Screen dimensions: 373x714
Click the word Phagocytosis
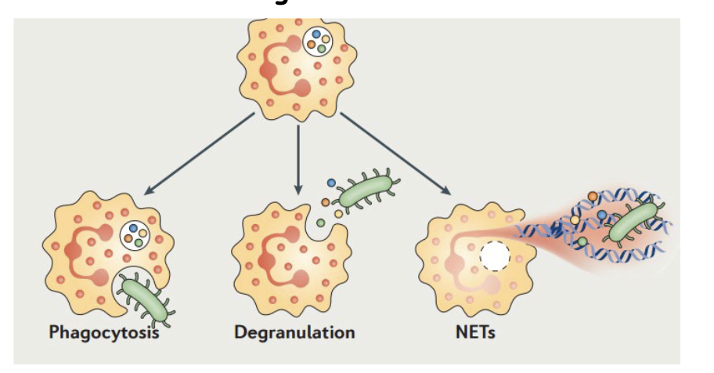103,332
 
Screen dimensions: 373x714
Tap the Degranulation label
294,332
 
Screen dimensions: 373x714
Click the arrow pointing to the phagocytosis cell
199,154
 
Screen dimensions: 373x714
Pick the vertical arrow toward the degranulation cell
298,157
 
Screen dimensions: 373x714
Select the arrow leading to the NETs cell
395,154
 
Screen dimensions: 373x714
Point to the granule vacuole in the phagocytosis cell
136,235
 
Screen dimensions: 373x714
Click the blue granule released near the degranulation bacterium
330,183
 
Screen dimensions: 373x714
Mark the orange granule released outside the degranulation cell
326,202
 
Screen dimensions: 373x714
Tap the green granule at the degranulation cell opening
321,223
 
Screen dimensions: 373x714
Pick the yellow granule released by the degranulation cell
338,213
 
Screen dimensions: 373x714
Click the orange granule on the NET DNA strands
593,197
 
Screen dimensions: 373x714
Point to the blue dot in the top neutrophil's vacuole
316,34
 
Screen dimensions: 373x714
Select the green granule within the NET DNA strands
582,242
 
